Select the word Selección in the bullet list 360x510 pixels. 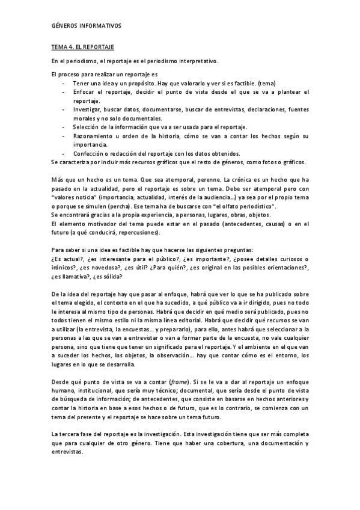coord(87,127)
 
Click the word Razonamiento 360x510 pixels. coord(94,136)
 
